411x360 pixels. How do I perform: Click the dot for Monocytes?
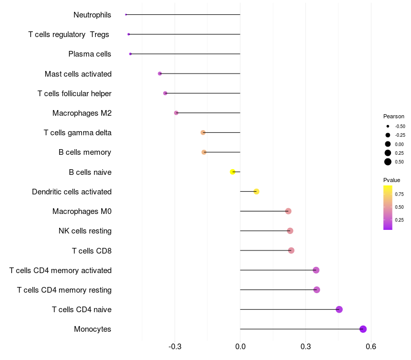click(363, 329)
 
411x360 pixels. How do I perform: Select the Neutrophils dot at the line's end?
click(126, 14)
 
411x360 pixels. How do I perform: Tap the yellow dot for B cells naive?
click(233, 172)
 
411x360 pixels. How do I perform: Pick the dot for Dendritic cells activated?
click(256, 192)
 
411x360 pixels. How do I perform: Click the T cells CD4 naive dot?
click(339, 309)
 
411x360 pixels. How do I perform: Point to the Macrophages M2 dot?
click(176, 113)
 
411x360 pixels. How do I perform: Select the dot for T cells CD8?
click(291, 250)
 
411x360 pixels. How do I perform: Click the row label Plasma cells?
click(90, 54)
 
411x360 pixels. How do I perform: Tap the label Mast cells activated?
click(78, 74)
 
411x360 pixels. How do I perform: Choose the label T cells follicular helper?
click(74, 94)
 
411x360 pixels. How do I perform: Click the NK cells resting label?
click(85, 231)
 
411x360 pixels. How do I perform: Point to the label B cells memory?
click(85, 152)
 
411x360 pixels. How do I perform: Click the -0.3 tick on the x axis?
click(175, 347)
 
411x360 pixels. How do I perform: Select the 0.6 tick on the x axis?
click(371, 347)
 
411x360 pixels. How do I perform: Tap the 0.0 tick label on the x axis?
click(240, 347)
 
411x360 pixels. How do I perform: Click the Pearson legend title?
click(394, 116)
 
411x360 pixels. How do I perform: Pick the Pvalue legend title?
click(391, 180)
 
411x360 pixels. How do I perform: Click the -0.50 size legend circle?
click(388, 126)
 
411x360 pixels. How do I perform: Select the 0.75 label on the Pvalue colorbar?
click(399, 194)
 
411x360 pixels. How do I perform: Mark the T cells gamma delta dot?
click(203, 133)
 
